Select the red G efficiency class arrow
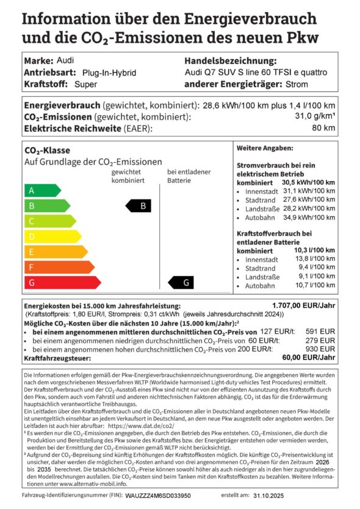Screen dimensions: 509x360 pos(61,282)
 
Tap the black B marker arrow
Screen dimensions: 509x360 pos(138,206)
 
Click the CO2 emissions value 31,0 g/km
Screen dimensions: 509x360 pos(316,116)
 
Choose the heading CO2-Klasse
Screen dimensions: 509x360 pos(47,150)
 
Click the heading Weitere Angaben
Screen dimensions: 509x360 pos(264,148)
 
